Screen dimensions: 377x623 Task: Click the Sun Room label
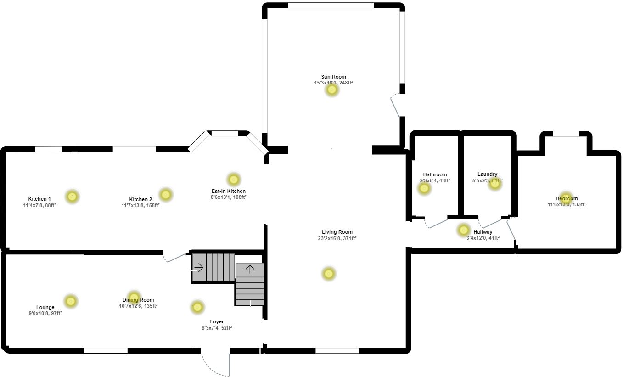(x=333, y=77)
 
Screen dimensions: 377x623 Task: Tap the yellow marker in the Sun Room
(x=332, y=90)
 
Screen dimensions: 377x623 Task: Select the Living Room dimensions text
(x=337, y=238)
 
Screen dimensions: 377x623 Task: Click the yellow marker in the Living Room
(x=328, y=274)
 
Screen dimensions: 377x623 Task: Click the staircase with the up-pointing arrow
(x=250, y=285)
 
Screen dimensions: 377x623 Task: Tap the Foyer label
(x=217, y=321)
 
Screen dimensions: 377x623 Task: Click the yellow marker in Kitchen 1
(x=72, y=197)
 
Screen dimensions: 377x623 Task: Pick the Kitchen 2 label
(x=140, y=199)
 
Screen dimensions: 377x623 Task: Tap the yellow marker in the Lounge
(x=70, y=301)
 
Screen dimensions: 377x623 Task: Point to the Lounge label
(x=45, y=307)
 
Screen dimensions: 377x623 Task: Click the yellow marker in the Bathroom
(x=424, y=188)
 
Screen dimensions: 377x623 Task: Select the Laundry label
(x=487, y=174)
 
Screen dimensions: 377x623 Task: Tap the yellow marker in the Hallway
(x=464, y=230)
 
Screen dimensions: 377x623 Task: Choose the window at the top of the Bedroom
(x=566, y=134)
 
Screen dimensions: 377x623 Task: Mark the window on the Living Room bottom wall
(x=337, y=351)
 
